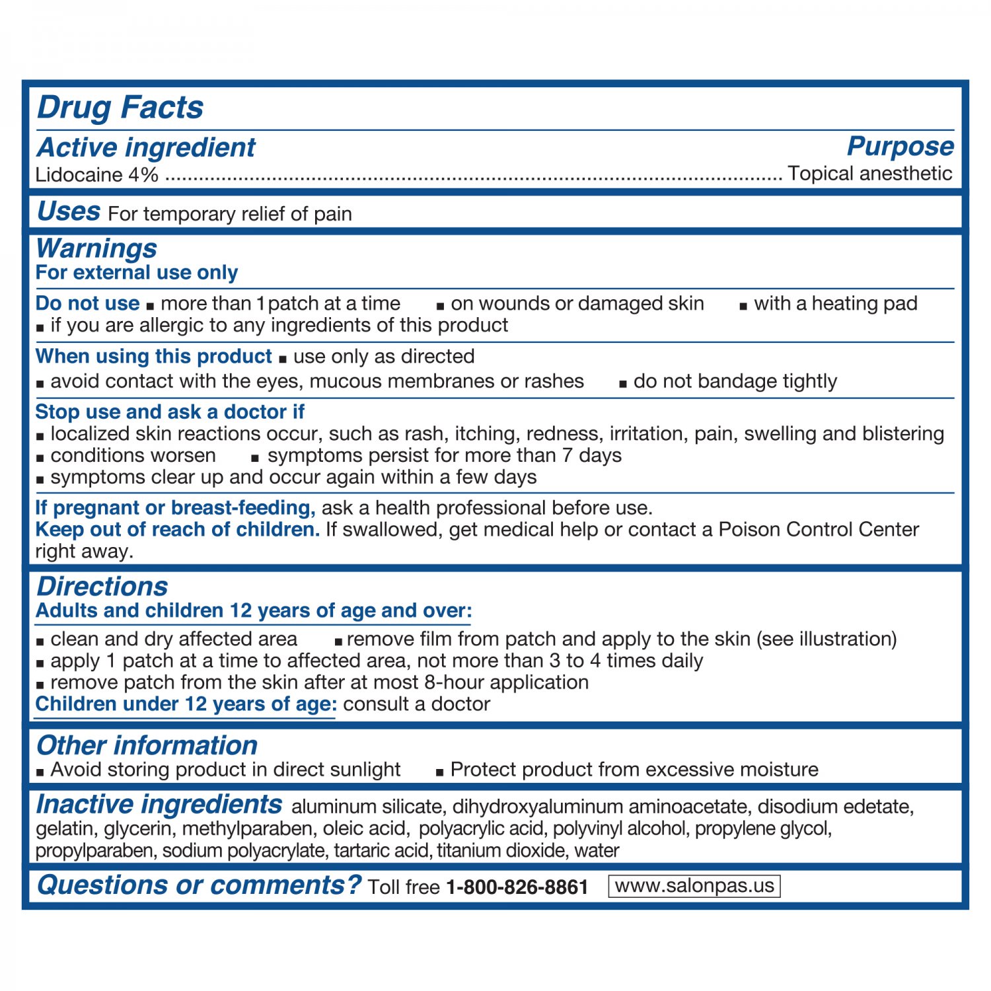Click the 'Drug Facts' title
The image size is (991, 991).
click(120, 108)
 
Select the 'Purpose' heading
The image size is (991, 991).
click(900, 147)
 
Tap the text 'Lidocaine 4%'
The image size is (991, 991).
click(97, 175)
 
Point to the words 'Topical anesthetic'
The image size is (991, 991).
click(869, 174)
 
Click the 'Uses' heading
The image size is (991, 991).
click(69, 212)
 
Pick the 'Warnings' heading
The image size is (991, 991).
click(96, 249)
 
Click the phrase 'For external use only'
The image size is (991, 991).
click(137, 273)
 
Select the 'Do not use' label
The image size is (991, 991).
click(87, 303)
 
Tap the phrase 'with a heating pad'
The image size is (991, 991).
click(835, 303)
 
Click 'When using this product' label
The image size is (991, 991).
click(153, 357)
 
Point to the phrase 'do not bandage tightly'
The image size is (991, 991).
click(735, 381)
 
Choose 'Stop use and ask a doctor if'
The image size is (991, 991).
click(170, 412)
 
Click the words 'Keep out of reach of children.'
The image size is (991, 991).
click(177, 530)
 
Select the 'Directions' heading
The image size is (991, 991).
click(102, 587)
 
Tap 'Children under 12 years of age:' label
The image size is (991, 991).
click(186, 704)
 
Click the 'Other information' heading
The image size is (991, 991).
click(147, 745)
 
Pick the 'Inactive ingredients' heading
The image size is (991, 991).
click(159, 805)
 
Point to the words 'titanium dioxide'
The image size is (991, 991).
click(501, 850)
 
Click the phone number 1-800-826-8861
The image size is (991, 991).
click(517, 887)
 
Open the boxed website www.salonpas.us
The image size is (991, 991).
click(694, 886)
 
